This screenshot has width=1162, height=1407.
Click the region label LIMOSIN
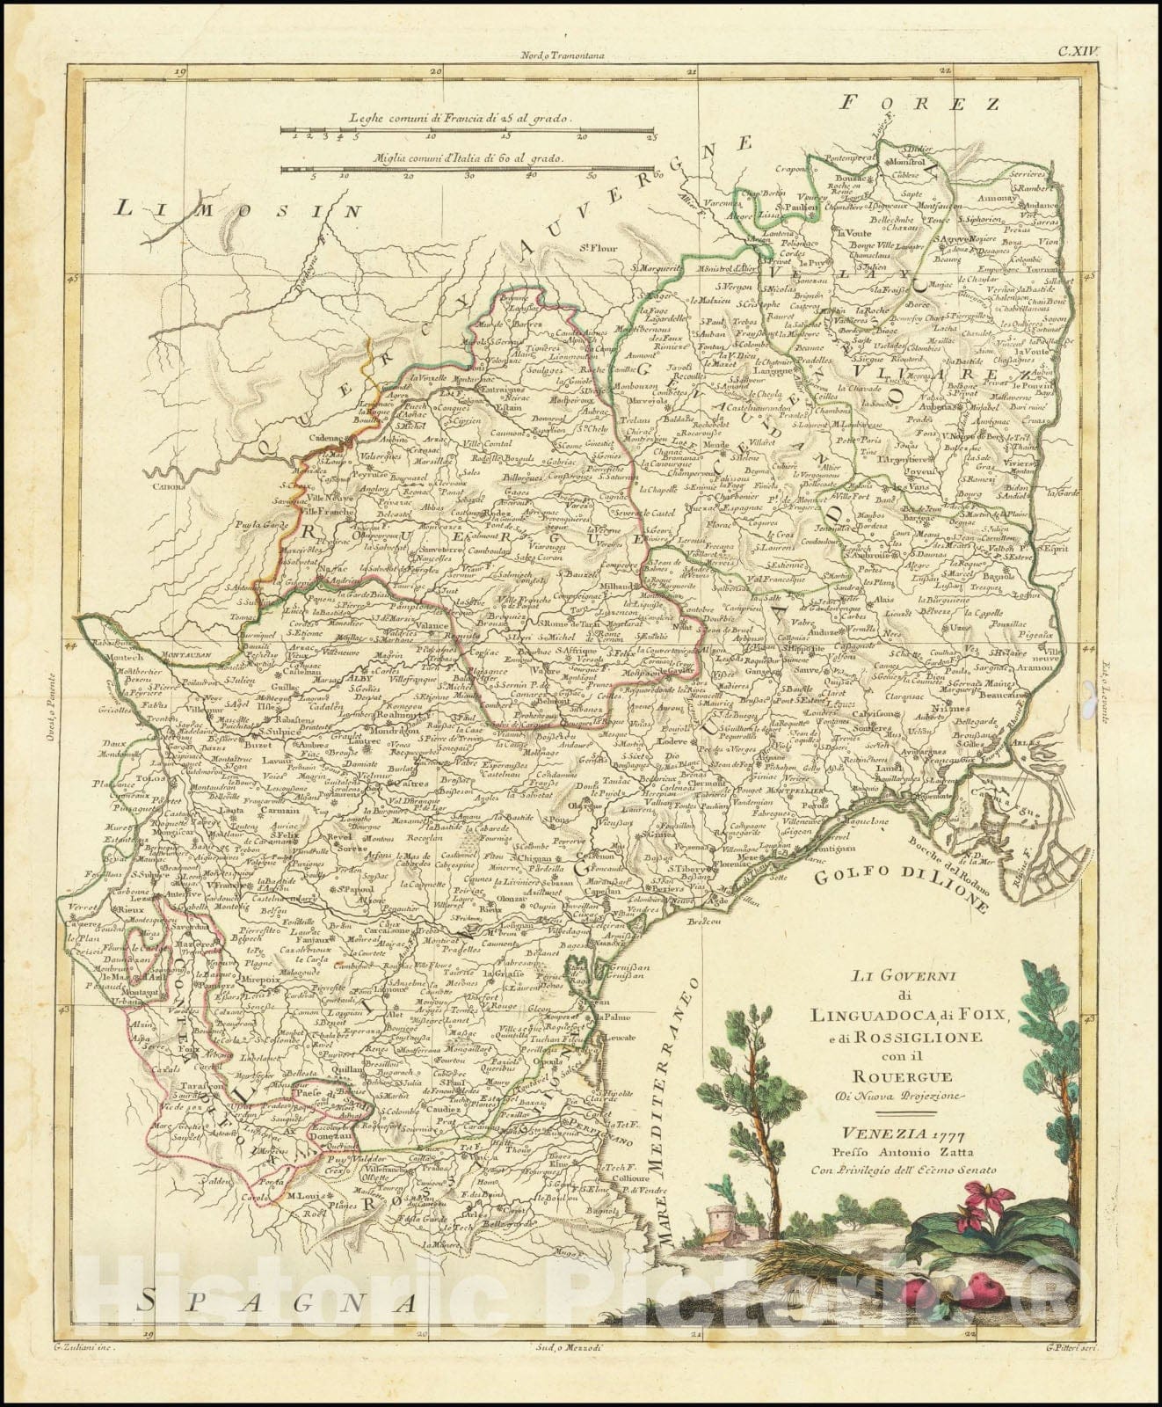click(238, 210)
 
